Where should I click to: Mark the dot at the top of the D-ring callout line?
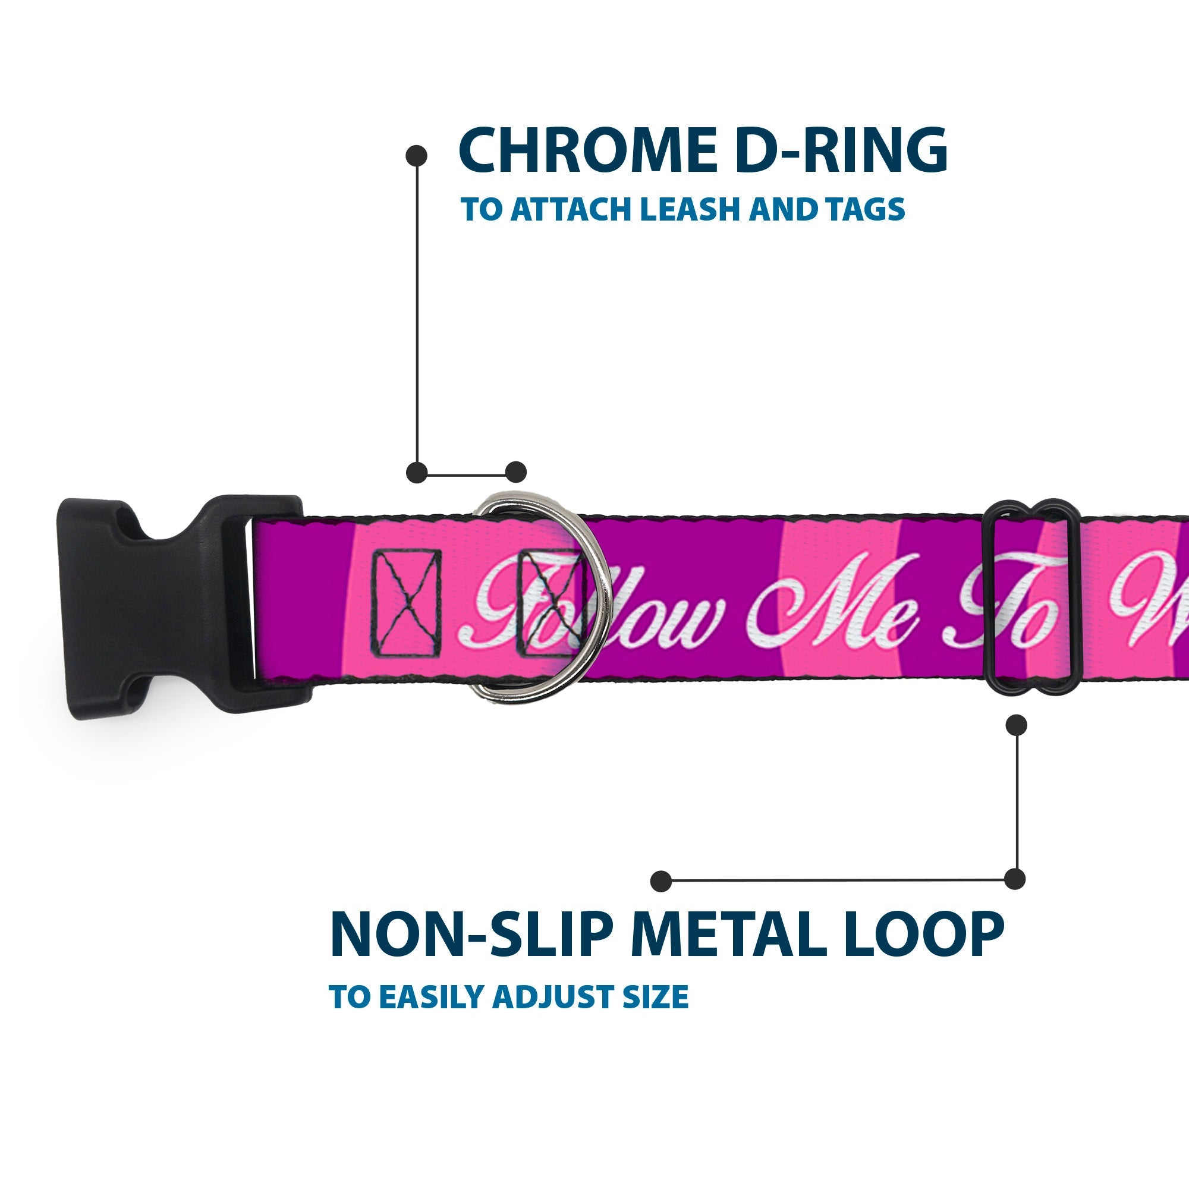417,156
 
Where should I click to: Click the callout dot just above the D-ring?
515,473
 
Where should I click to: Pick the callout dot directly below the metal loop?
1016,725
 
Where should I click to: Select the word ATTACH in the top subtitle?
573,210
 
